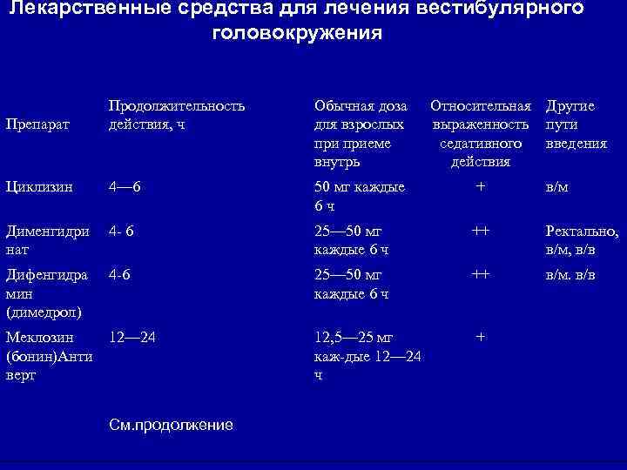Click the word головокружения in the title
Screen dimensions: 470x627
[x=296, y=34]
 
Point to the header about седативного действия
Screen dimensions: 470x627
[x=481, y=133]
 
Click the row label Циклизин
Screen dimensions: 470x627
[x=39, y=186]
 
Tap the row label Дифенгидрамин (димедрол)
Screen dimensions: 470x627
[x=47, y=292]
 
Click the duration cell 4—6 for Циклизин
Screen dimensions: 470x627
[x=125, y=186]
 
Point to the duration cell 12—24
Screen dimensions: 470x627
[x=132, y=336]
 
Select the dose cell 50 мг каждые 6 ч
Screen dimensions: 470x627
[x=359, y=196]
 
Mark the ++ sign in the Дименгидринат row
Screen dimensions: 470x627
[x=480, y=232]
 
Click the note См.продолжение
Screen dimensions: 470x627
[x=172, y=425]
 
